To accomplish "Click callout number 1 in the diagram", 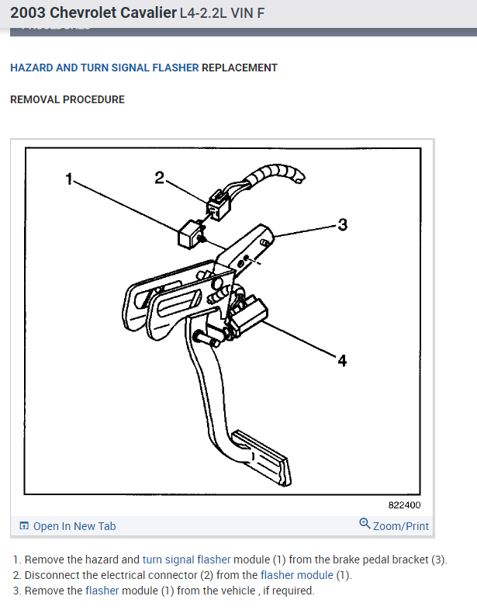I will (69, 178).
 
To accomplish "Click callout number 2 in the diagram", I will (159, 178).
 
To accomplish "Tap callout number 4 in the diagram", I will (342, 361).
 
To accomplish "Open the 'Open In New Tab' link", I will (74, 526).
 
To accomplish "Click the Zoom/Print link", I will (400, 526).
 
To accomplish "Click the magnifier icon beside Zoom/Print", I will (365, 524).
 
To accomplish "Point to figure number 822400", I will (404, 504).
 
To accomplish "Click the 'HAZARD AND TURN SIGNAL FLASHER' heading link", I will (104, 68).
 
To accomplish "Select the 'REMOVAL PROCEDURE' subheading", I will (67, 99).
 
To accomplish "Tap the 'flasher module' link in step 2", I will (297, 575).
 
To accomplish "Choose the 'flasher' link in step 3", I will (102, 591).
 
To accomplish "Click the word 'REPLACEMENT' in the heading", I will (239, 68).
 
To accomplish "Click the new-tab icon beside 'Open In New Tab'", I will (24, 526).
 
